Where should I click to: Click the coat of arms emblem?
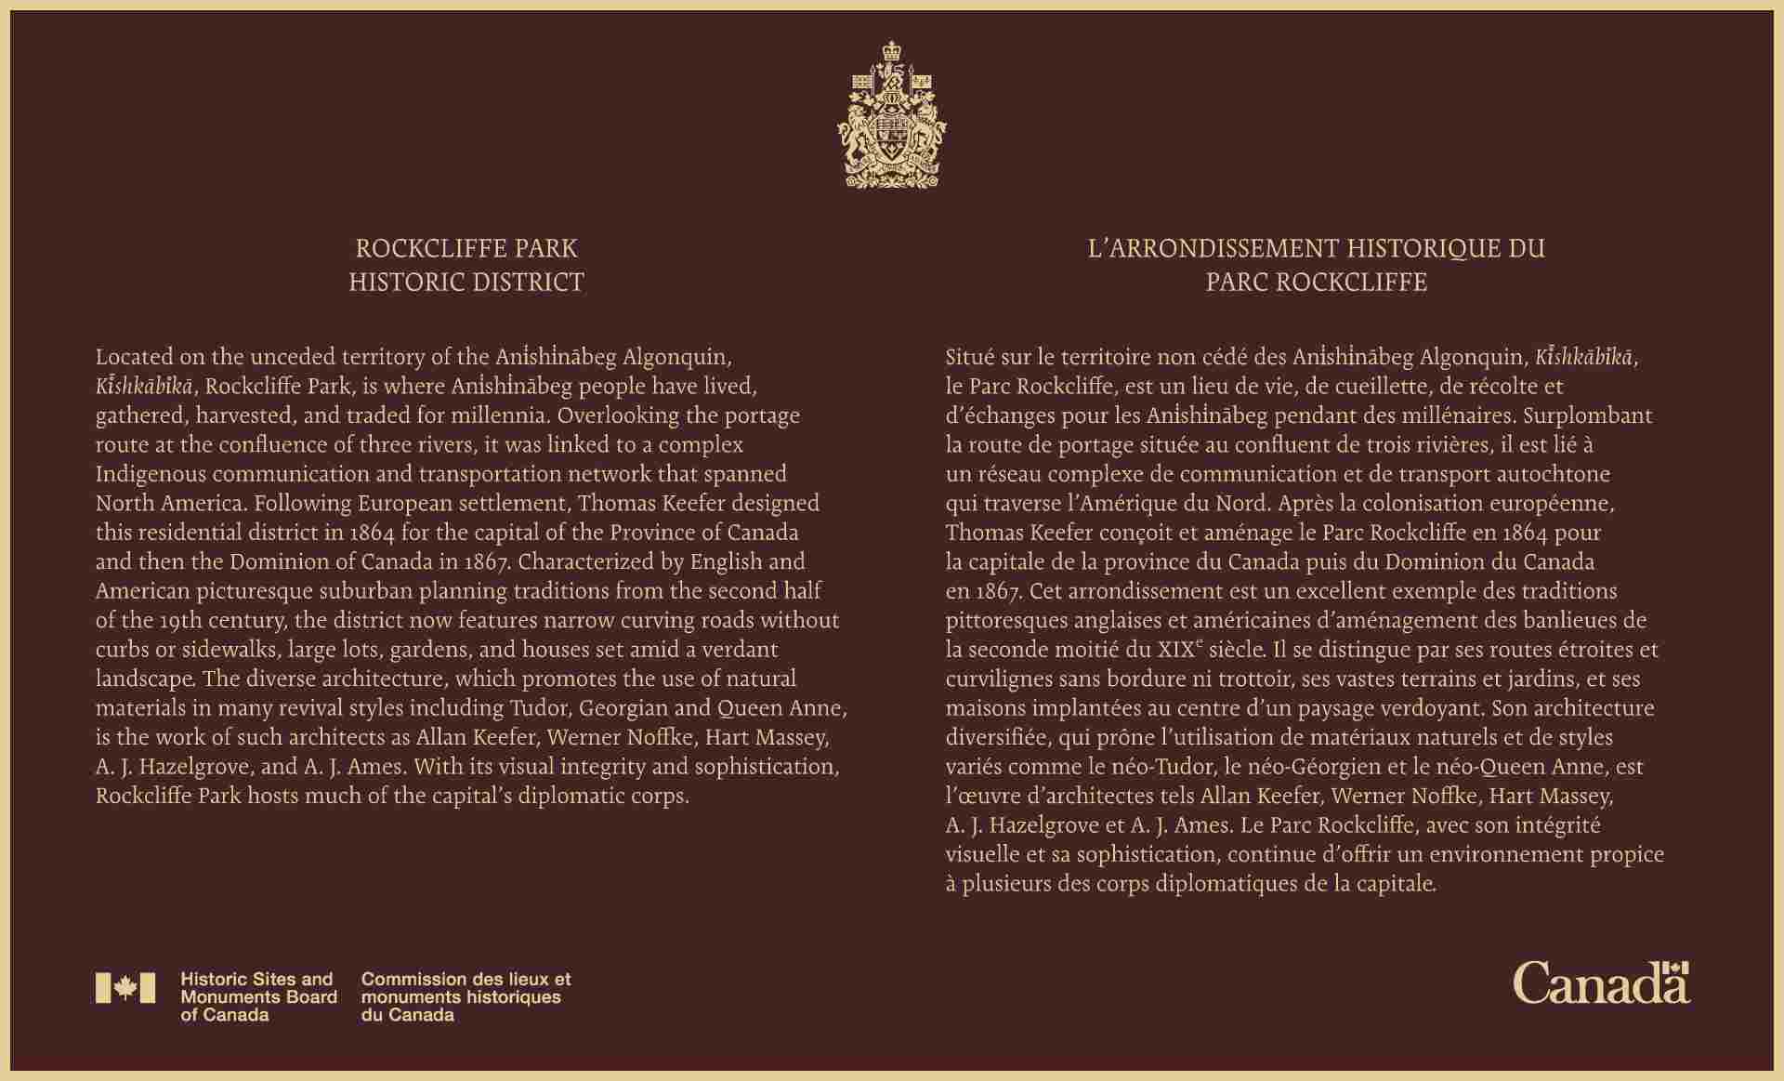point(891,113)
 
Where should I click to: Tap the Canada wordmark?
point(1601,983)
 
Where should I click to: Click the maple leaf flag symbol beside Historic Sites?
point(125,988)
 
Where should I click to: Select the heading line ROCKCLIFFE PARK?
point(466,249)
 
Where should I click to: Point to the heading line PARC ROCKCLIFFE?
point(1316,283)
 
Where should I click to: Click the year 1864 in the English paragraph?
point(372,533)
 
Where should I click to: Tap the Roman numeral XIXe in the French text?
point(1181,649)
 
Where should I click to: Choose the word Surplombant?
point(1593,415)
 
